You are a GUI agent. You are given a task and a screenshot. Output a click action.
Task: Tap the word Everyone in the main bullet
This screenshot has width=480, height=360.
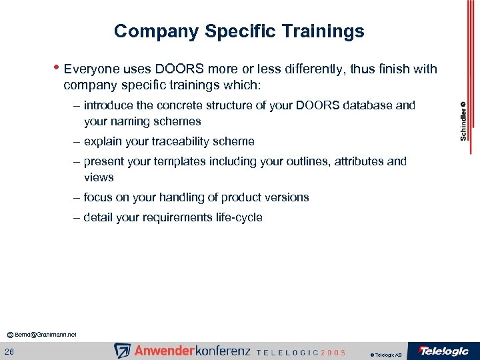click(89, 69)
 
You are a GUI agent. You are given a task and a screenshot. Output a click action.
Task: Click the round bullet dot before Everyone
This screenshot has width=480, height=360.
click(58, 67)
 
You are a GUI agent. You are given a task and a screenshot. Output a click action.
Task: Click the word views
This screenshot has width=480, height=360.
click(99, 177)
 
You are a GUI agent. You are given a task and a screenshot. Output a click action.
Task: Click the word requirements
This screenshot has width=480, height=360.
click(175, 217)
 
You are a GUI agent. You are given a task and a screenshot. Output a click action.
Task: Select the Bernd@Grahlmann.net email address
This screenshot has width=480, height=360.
click(45, 334)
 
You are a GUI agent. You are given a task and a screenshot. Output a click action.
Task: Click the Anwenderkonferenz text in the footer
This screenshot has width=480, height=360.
click(191, 351)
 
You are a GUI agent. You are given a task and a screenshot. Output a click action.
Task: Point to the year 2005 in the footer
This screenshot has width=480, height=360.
click(333, 352)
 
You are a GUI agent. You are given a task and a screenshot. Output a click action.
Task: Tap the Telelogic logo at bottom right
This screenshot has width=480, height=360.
click(443, 351)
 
